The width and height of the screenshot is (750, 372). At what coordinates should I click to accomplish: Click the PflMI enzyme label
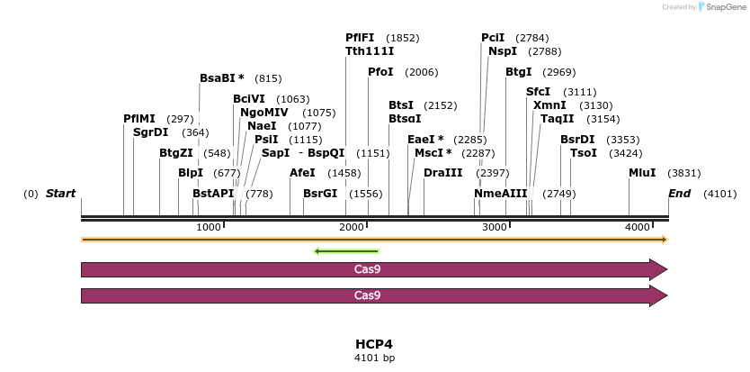[x=139, y=119]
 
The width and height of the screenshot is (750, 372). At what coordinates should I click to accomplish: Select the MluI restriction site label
[x=642, y=173]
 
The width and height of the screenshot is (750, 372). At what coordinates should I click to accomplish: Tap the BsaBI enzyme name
[x=222, y=78]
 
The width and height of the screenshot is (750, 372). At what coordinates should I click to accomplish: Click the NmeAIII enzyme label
[x=500, y=194]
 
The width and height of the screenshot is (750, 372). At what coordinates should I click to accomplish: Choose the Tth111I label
[x=370, y=51]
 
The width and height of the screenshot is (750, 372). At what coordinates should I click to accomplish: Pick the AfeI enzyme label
[x=302, y=173]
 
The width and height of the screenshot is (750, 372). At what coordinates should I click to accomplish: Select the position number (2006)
[x=421, y=72]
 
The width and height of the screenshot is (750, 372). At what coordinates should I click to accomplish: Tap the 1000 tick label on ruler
[x=209, y=227]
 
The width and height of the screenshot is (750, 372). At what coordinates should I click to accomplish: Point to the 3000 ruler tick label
[x=496, y=227]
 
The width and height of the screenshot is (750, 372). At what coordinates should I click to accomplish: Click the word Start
[x=60, y=194]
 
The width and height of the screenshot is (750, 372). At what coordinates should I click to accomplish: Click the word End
[x=680, y=194]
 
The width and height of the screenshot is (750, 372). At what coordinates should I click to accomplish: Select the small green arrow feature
[x=346, y=251]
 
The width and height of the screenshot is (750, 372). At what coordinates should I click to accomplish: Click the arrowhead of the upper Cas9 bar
[x=658, y=269]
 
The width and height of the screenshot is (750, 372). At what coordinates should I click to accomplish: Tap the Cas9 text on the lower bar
[x=367, y=295]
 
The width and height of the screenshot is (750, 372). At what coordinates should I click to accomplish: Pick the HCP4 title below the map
[x=374, y=344]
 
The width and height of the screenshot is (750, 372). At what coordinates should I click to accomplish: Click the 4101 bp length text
[x=374, y=358]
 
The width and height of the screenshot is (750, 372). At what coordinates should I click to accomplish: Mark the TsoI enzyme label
[x=584, y=153]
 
